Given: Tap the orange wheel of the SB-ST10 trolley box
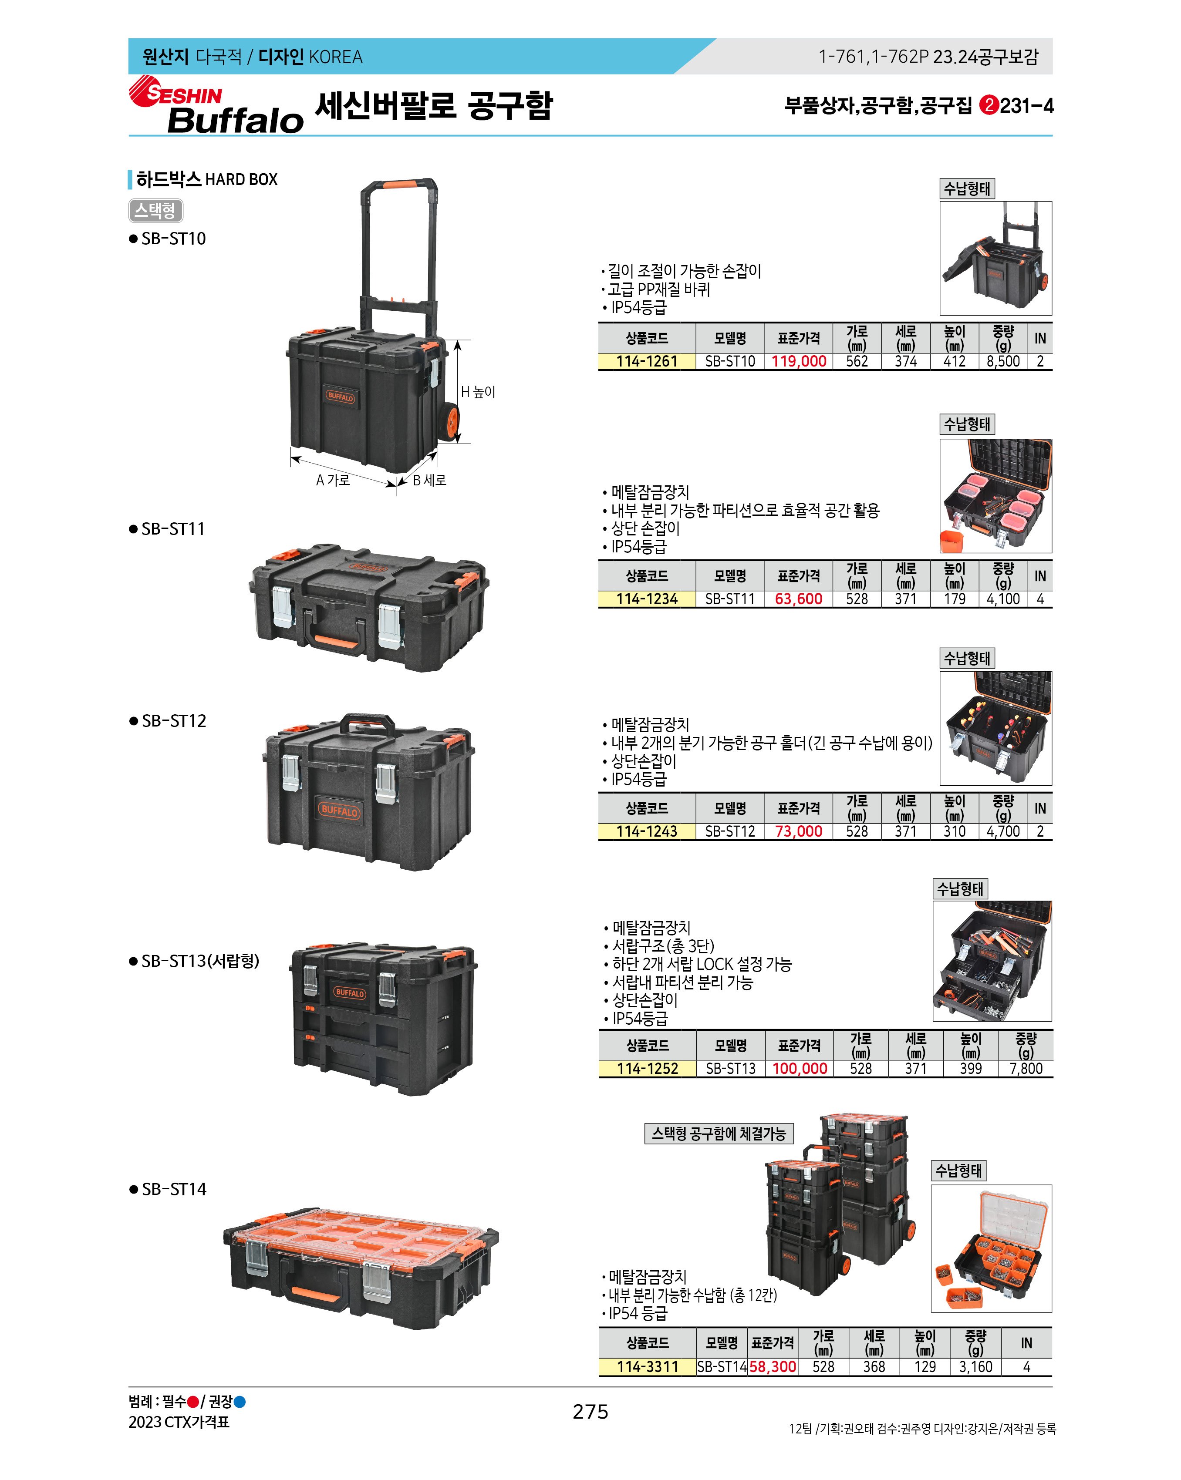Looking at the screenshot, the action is click(451, 421).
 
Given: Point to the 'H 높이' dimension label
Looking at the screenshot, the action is click(478, 392).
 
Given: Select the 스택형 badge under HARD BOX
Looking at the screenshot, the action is click(156, 210).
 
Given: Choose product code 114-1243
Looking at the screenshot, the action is click(647, 831).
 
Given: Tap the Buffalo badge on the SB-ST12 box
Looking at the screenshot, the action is click(339, 811).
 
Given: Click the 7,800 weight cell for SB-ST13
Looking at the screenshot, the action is click(1026, 1069).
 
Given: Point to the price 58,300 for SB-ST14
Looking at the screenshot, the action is click(773, 1367).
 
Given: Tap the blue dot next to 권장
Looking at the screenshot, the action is click(240, 1402).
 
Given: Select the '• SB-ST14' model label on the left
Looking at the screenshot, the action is click(168, 1189).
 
